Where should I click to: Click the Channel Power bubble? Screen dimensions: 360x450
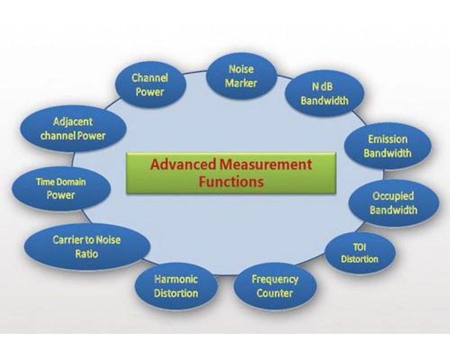(150, 84)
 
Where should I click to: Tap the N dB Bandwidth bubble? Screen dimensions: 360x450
(324, 94)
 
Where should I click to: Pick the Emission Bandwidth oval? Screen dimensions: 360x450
(387, 146)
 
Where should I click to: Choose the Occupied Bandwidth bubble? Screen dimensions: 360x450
(393, 203)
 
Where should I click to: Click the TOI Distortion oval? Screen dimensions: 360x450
(360, 253)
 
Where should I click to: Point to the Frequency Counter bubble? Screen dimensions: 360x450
(274, 286)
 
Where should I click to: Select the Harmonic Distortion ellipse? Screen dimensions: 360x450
(176, 286)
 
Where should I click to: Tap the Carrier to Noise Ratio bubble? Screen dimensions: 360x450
(87, 246)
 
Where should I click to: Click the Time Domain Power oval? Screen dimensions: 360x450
(61, 189)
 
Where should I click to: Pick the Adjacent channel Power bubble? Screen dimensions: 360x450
(73, 129)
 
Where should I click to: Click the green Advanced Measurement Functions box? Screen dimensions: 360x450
(230, 173)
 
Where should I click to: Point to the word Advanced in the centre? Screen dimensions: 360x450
(182, 164)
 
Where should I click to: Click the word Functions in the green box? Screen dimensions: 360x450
(231, 182)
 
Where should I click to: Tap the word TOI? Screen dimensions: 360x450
(360, 248)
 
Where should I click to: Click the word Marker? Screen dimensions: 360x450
(241, 83)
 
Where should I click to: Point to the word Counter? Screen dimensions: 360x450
(274, 293)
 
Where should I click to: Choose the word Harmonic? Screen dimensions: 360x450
(176, 279)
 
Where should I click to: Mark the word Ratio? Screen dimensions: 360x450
(87, 253)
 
